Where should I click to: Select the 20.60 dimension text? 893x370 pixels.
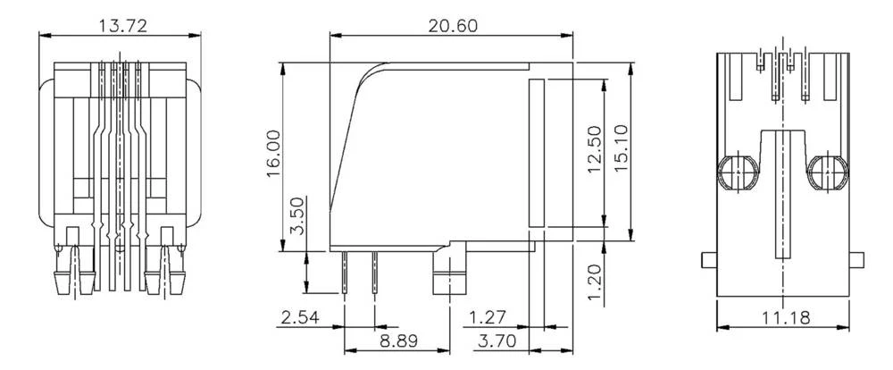[x=452, y=25]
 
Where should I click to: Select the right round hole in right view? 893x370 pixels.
[x=828, y=171]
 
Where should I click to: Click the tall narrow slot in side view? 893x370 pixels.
[x=537, y=152]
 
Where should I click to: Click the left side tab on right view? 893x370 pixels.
[x=706, y=260]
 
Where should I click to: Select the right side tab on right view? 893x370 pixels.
[x=857, y=260]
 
